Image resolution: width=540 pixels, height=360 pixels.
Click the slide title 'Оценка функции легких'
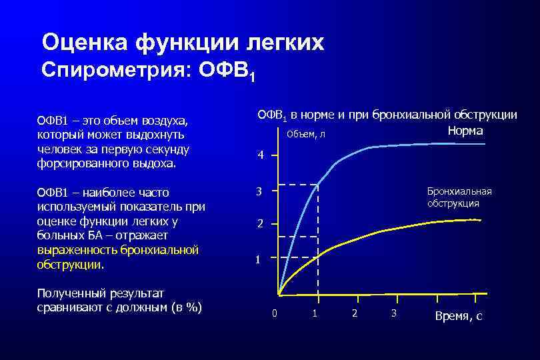click(x=183, y=43)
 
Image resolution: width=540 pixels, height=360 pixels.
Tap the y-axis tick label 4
click(x=261, y=155)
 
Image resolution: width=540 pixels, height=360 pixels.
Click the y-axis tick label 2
click(x=261, y=224)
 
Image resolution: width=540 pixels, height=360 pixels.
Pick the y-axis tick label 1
click(x=259, y=259)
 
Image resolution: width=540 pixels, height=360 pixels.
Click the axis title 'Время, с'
click(x=458, y=316)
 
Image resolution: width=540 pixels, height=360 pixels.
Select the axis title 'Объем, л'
click(x=306, y=135)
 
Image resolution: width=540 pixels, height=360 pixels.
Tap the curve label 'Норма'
click(x=465, y=131)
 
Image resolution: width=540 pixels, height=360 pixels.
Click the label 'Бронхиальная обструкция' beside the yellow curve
click(x=459, y=197)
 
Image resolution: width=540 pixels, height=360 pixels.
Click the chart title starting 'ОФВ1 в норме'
click(x=387, y=115)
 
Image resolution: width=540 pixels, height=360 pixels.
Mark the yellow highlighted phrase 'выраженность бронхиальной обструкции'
click(x=118, y=257)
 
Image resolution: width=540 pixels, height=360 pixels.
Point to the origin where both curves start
click(x=279, y=295)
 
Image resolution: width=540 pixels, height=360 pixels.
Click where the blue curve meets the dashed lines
click(x=318, y=184)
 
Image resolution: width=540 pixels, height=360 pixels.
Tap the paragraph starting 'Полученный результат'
click(x=120, y=300)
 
